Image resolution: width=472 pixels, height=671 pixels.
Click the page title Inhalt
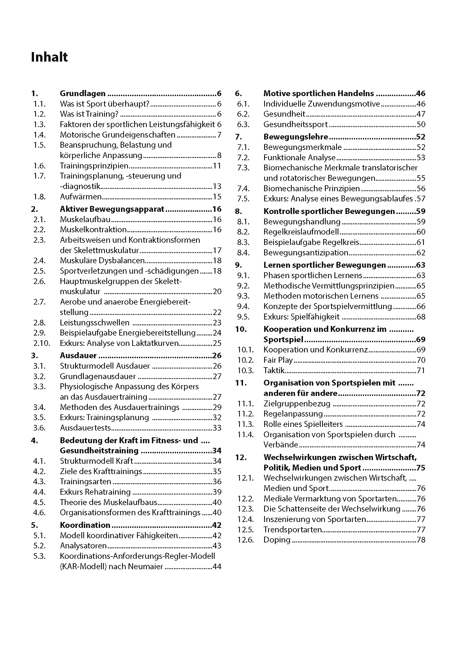(x=49, y=57)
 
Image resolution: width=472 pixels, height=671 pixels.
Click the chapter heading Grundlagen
(x=83, y=94)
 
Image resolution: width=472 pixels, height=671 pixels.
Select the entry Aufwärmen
(x=81, y=197)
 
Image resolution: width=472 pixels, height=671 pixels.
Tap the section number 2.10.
(x=42, y=343)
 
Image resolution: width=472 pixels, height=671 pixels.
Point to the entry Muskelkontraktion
(x=93, y=230)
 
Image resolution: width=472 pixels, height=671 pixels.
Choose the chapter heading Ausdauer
(x=78, y=356)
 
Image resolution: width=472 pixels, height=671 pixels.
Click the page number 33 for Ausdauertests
(x=217, y=428)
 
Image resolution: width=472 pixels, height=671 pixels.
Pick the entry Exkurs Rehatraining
(x=95, y=492)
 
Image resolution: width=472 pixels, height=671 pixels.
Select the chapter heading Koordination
(x=85, y=525)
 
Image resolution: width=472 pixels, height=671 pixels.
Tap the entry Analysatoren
(x=83, y=546)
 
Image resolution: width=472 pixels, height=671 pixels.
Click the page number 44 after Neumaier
(x=217, y=566)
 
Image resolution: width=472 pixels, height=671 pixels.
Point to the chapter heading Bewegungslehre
(x=296, y=137)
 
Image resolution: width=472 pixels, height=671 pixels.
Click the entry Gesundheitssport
(x=295, y=125)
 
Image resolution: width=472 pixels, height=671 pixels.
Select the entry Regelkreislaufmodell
(x=301, y=232)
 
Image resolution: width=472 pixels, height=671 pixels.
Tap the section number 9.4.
(x=243, y=306)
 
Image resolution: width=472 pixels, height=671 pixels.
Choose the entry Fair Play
(x=278, y=360)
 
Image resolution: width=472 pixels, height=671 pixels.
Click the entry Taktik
(x=274, y=371)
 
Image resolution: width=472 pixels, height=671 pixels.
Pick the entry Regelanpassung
(x=293, y=414)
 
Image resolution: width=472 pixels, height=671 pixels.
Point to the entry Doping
(x=277, y=540)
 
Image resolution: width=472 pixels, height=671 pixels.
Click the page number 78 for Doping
(x=421, y=540)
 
